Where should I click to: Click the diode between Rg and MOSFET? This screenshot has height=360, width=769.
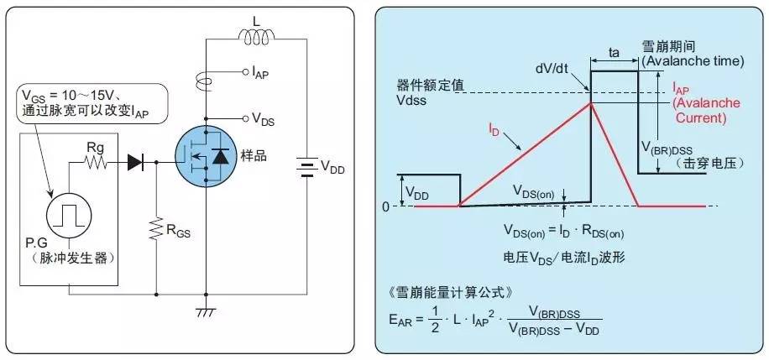tap(134, 163)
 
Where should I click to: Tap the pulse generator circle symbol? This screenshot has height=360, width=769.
tap(66, 217)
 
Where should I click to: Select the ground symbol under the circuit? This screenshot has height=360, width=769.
tap(205, 312)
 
